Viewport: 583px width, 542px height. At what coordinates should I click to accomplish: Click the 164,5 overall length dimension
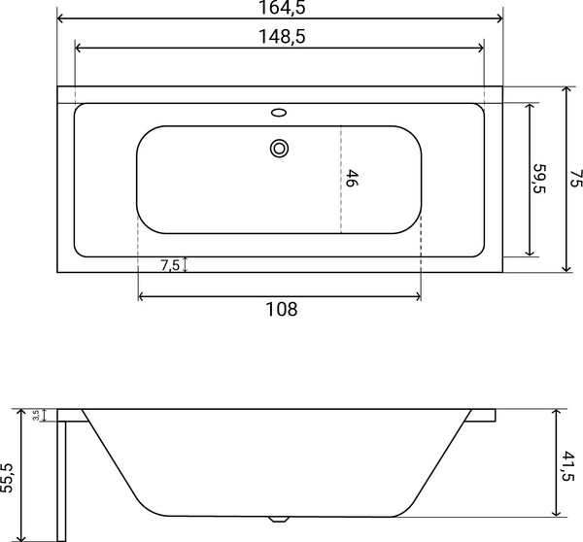point(280,9)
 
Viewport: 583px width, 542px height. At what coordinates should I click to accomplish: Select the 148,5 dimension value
point(280,38)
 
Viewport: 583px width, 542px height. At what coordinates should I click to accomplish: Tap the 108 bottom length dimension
point(280,310)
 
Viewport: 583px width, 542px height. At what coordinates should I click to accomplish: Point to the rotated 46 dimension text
point(353,179)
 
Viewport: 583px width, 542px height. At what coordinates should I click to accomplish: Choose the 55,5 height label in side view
point(9,476)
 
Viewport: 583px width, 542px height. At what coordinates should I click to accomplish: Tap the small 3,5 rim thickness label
point(36,415)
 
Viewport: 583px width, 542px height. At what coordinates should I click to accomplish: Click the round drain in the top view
point(280,149)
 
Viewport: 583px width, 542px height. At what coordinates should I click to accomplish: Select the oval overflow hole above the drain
point(280,113)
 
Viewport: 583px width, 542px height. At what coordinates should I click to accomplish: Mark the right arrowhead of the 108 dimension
point(418,295)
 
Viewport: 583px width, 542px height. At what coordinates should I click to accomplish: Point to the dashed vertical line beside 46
point(340,179)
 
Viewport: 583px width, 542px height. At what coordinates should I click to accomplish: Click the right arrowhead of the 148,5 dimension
point(480,49)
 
